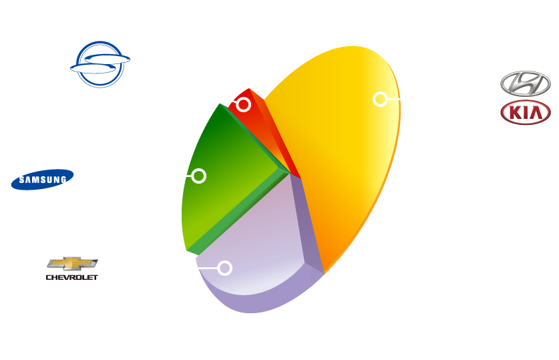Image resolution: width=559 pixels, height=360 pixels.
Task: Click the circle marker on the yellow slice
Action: pyautogui.click(x=380, y=99)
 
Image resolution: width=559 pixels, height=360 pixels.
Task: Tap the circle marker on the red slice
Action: pyautogui.click(x=244, y=105)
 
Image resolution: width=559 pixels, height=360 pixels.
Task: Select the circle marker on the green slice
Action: pyautogui.click(x=198, y=176)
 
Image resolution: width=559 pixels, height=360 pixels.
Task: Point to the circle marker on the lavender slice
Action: pyautogui.click(x=225, y=268)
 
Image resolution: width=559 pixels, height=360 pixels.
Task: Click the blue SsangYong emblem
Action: pyautogui.click(x=100, y=64)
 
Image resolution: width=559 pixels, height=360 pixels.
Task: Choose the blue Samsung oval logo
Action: pyautogui.click(x=42, y=179)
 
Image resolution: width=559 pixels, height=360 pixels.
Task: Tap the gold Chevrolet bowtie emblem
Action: pyautogui.click(x=72, y=263)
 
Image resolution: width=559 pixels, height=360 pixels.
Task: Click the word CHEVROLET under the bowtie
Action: pyautogui.click(x=72, y=276)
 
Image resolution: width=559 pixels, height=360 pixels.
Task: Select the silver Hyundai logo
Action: pyautogui.click(x=525, y=85)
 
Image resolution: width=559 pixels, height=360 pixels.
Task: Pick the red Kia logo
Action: pyautogui.click(x=525, y=113)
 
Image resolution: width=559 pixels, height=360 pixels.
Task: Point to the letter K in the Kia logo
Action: pyautogui.click(x=514, y=114)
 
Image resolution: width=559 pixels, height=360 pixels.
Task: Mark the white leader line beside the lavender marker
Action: pyautogui.click(x=209, y=268)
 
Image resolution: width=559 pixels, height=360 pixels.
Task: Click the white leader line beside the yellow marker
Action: pyautogui.click(x=394, y=99)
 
